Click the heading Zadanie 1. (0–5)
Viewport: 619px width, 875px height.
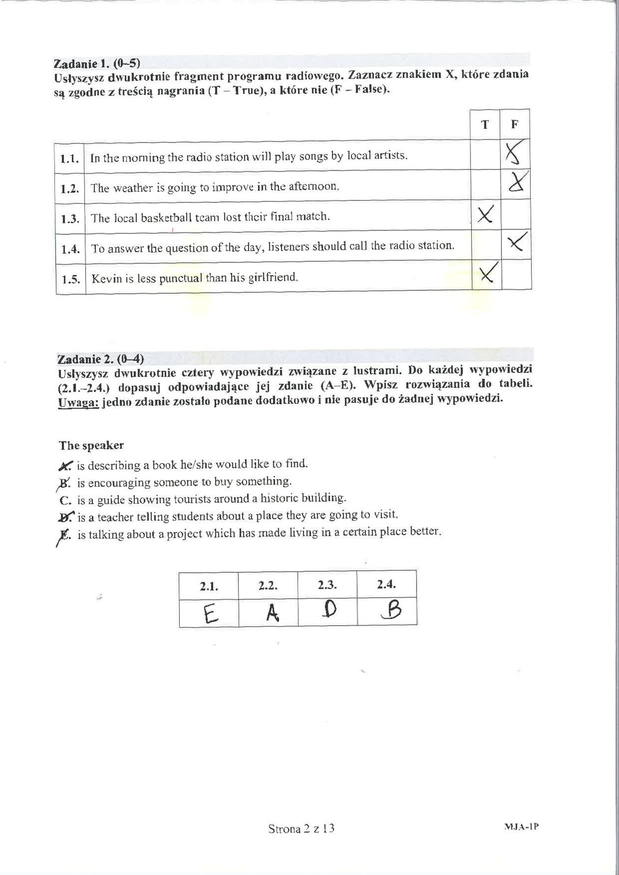tap(97, 63)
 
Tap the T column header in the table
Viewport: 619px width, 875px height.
tap(485, 124)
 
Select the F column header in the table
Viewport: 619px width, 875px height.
tap(514, 124)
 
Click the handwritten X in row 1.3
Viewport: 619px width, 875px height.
tap(485, 214)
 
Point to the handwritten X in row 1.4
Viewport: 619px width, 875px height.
tap(517, 242)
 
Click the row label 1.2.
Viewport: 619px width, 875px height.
tap(70, 188)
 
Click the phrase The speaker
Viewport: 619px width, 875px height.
tap(91, 446)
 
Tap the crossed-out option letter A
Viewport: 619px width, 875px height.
tap(66, 465)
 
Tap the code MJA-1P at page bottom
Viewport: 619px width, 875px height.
tap(521, 826)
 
